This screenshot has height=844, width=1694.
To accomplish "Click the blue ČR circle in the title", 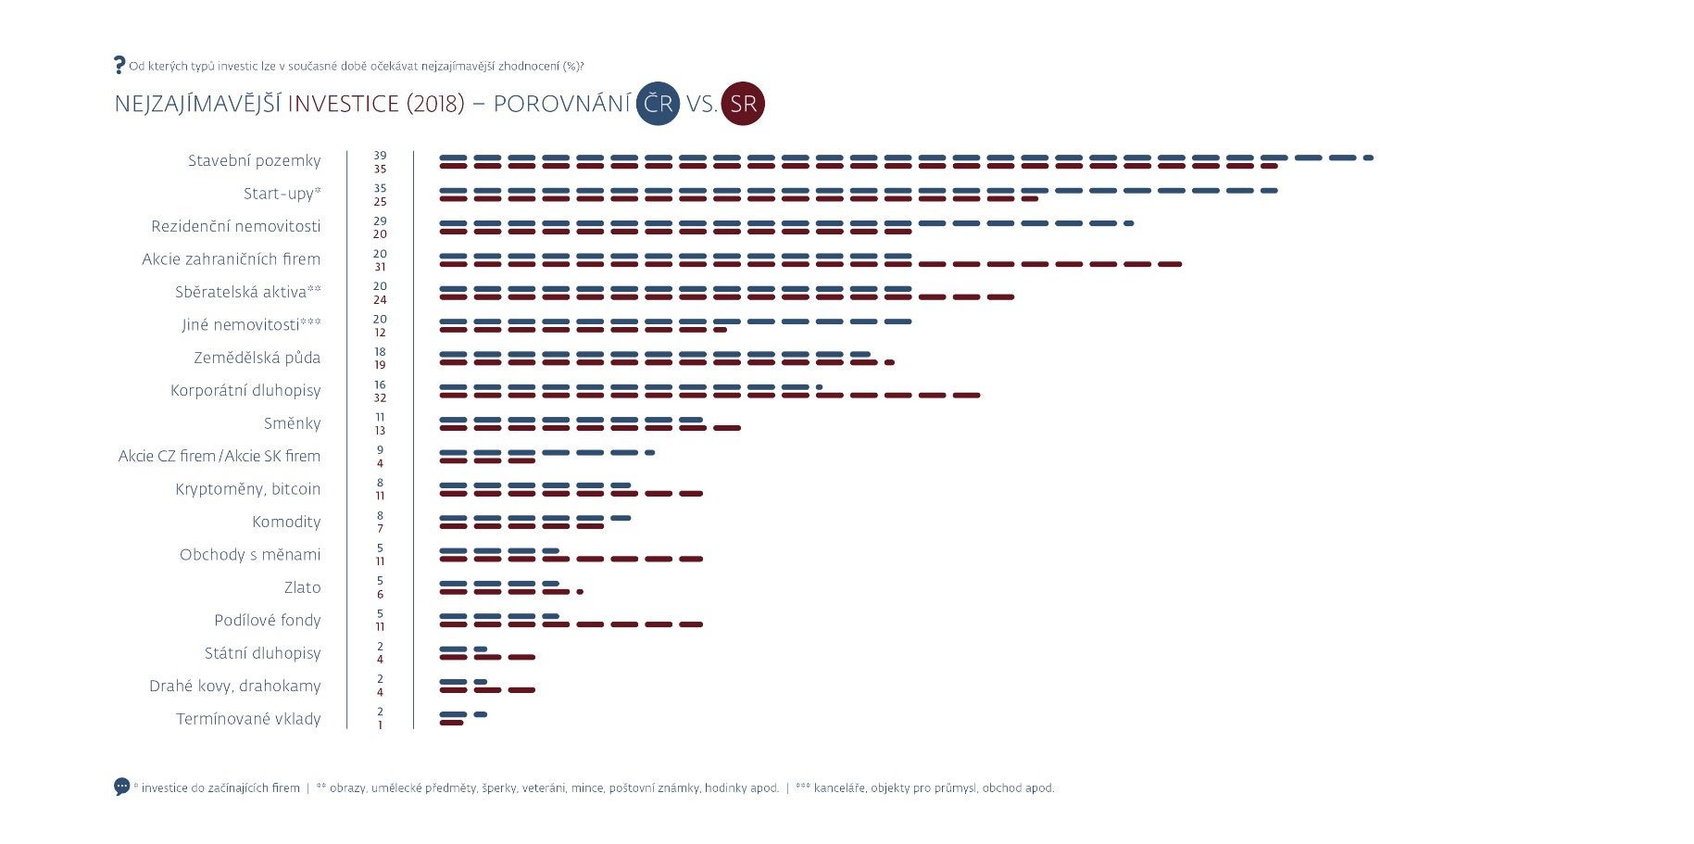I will (658, 103).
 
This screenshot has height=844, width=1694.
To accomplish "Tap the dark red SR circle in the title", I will (743, 103).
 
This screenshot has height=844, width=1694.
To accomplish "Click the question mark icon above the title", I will (119, 65).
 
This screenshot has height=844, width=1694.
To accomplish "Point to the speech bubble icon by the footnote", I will (122, 787).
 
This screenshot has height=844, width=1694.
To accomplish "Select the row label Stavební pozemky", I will (254, 161).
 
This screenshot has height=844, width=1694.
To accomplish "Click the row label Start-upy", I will (282, 194).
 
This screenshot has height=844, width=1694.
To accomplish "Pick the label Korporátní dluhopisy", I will (245, 391).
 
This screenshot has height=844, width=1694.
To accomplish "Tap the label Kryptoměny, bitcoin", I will (247, 489).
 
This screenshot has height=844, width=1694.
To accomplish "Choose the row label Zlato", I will (302, 587).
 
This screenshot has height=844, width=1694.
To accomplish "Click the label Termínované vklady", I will (248, 719).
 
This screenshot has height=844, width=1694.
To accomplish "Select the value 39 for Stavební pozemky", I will (380, 156).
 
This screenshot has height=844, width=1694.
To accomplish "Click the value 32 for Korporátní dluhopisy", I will (380, 398).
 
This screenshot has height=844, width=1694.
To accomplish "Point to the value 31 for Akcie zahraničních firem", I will (380, 267).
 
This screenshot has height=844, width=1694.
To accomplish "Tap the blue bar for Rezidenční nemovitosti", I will (785, 223).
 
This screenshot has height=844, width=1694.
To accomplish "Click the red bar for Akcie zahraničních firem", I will (809, 264).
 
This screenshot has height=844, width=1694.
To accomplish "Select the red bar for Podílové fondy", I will (571, 624).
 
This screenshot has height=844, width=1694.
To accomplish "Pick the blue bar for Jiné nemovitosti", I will (675, 321).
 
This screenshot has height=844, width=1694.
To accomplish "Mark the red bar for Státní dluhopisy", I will (487, 658).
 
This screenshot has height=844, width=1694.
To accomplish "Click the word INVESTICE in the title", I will (343, 104).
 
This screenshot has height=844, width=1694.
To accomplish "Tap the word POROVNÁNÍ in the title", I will (561, 104).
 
